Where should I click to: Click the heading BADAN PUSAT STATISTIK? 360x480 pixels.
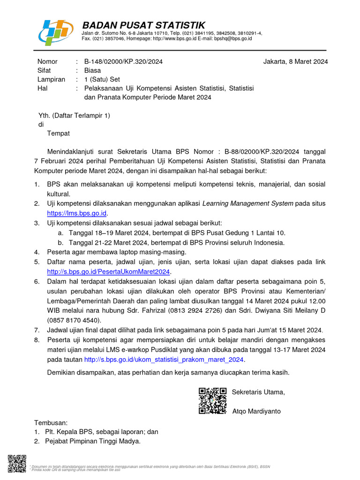click(x=143, y=25)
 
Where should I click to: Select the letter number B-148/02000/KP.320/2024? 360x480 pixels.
click(x=123, y=61)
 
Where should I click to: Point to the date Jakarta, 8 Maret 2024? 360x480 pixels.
click(x=295, y=61)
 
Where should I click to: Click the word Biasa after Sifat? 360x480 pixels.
click(x=92, y=70)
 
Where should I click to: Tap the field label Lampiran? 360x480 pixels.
click(x=51, y=79)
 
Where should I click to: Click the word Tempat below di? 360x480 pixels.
click(x=58, y=133)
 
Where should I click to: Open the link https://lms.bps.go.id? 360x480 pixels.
click(x=77, y=213)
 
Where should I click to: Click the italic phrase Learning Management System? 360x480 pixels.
click(x=247, y=203)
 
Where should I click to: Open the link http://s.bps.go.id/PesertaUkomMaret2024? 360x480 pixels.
click(x=109, y=271)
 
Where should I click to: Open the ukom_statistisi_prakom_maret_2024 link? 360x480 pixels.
click(x=164, y=360)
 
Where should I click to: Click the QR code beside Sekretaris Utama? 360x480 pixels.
click(x=213, y=401)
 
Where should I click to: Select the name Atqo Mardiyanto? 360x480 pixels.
click(x=256, y=411)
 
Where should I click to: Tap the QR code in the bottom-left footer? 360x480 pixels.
click(x=17, y=464)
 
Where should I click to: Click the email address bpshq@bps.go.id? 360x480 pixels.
click(x=233, y=38)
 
